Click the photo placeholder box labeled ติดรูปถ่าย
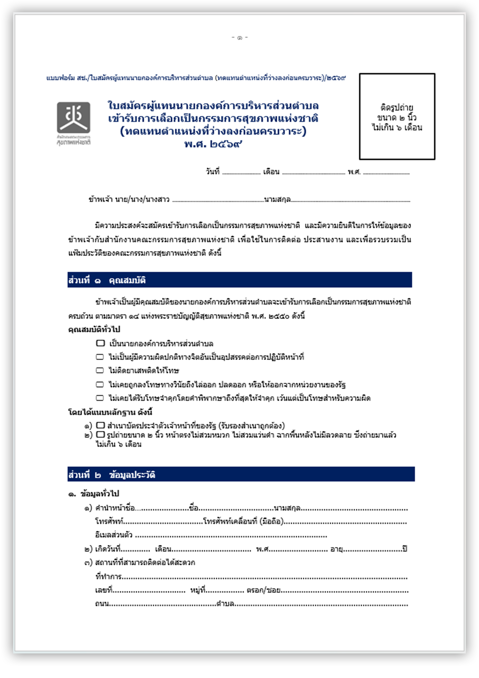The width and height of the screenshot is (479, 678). pos(397,116)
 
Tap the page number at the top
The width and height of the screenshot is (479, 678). pos(239,37)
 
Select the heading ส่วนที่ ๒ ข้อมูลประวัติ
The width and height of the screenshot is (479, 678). pos(112,475)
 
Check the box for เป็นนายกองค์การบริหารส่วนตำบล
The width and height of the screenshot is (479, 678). pos(100,343)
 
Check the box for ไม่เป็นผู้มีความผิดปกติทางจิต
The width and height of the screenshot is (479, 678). pos(100,357)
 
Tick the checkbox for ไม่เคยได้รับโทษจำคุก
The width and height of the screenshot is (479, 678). pos(100,398)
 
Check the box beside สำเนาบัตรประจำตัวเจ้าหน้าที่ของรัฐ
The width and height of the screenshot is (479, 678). pos(101,425)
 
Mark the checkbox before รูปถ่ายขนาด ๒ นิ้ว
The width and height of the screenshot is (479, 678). pos(101,434)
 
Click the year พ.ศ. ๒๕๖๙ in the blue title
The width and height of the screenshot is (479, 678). pos(213,144)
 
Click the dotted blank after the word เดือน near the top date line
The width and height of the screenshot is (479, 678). pos(313,173)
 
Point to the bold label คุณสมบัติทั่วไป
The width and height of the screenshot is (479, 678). pos(94,330)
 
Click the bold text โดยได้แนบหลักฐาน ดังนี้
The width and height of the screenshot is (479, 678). pos(110,412)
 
